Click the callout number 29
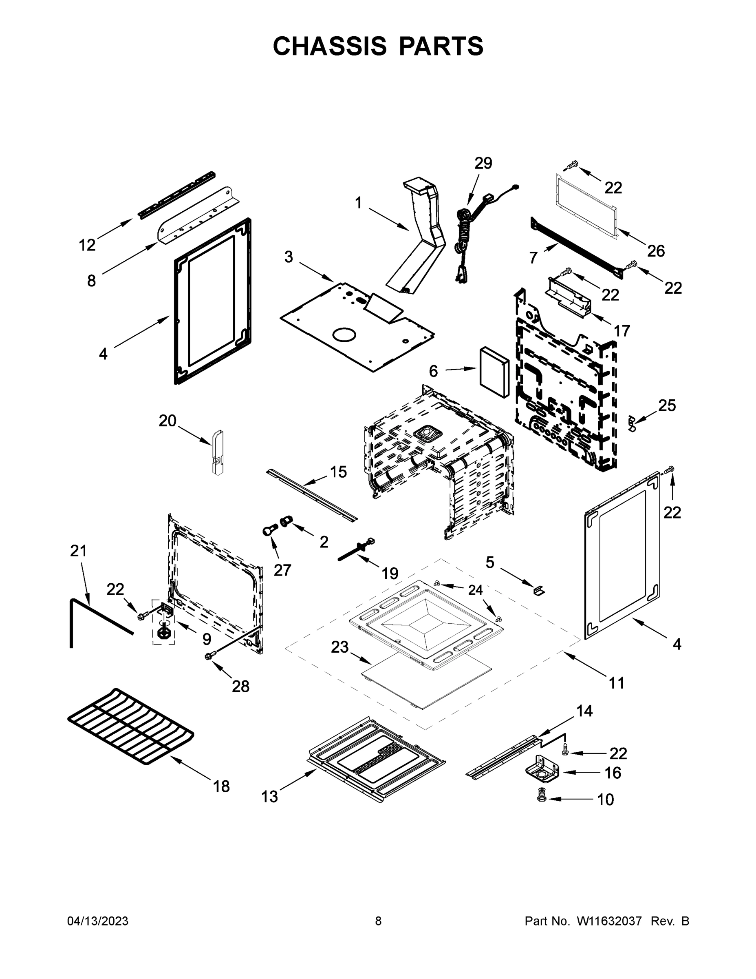tap(483, 163)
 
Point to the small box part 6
tap(494, 372)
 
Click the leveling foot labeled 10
tap(542, 795)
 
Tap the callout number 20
tap(168, 421)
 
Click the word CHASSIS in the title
tap(329, 46)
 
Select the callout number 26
tap(656, 251)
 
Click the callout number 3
tap(289, 257)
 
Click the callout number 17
tap(622, 331)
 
